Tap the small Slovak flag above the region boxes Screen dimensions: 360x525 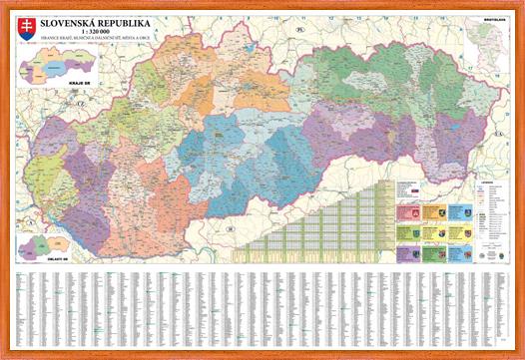[413, 188]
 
